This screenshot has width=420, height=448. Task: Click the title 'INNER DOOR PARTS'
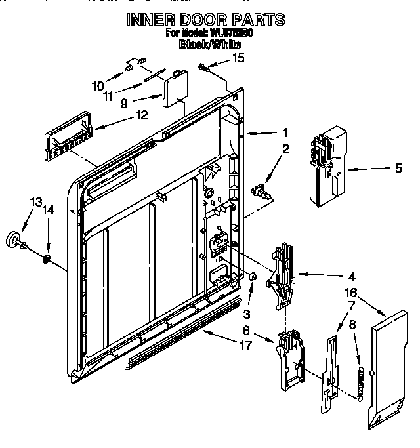pos(205,19)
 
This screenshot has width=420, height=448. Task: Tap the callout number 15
pos(238,58)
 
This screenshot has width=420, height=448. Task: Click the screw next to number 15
pos(205,65)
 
